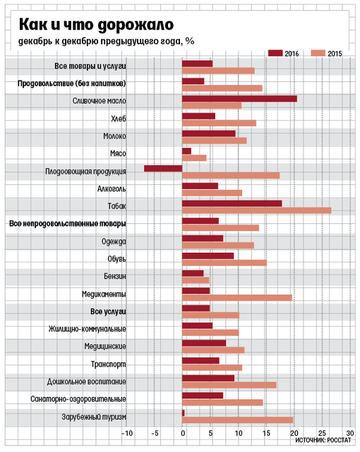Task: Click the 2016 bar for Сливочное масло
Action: (239, 99)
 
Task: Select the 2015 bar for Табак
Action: (257, 210)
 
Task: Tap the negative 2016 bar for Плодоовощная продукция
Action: (163, 169)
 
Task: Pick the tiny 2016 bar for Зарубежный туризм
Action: (183, 413)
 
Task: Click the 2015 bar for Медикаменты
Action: (237, 298)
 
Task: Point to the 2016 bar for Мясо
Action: (186, 151)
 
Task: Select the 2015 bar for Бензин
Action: (196, 280)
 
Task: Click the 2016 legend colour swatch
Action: (275, 53)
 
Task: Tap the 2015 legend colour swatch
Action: (318, 53)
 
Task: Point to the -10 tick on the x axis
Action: (127, 433)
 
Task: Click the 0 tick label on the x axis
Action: (183, 433)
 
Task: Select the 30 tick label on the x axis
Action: (350, 433)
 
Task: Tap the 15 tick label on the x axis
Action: (266, 433)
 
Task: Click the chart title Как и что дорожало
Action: (96, 25)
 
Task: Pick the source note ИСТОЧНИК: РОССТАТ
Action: (323, 440)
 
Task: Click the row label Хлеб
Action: (119, 119)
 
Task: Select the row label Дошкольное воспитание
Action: (87, 381)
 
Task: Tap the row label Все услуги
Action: (108, 311)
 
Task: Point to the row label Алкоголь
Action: (112, 189)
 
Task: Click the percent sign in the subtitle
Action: (190, 41)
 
